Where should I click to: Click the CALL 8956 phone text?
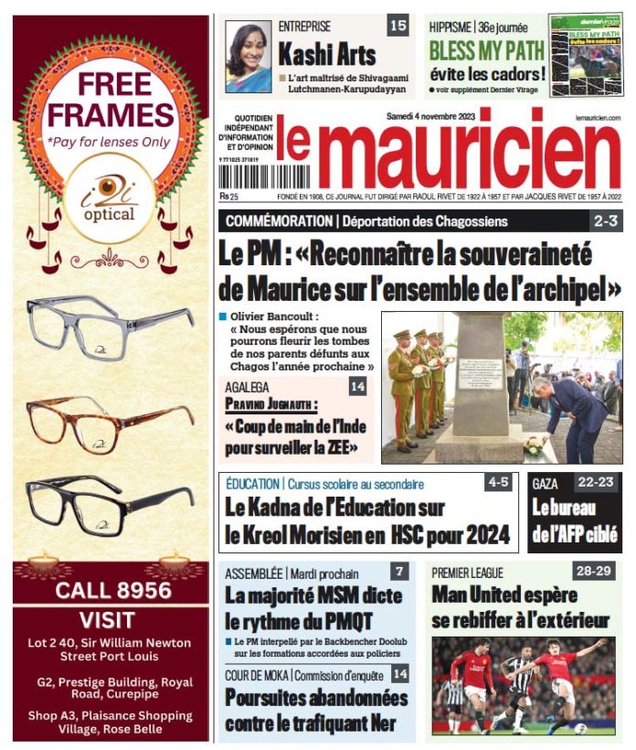coord(112,590)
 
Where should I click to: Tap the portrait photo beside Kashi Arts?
coord(249,56)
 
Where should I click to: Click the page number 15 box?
coord(397,26)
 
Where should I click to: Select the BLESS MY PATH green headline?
coord(486,49)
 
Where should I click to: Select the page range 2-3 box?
coord(606,220)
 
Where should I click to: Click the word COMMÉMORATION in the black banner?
coord(279,221)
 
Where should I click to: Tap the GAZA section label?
coord(546,482)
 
